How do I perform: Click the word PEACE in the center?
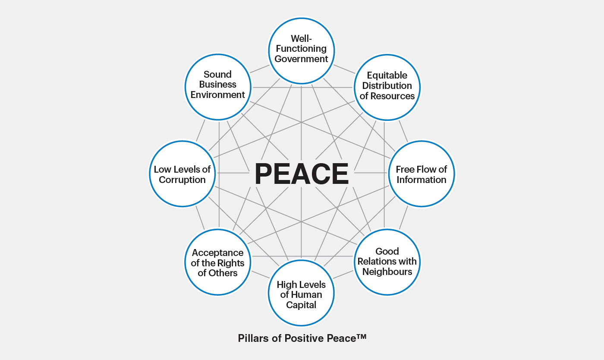pos(302,174)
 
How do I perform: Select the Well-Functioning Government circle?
pos(302,49)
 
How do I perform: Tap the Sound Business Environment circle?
pos(218,86)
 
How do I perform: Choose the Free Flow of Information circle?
pos(422,174)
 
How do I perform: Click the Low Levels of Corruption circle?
pos(182,174)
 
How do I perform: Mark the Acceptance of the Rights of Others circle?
pos(218,262)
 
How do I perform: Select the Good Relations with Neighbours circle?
pos(387,261)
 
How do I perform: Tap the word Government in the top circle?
pos(302,59)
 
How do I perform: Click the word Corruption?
pos(182,180)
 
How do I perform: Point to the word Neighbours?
pos(387,272)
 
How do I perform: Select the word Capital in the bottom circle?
pos(301,305)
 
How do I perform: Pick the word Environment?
pos(218,95)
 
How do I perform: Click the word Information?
pos(422,180)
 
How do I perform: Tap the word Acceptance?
pos(218,253)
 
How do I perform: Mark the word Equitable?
pos(387,76)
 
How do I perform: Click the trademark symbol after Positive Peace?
pos(362,336)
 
